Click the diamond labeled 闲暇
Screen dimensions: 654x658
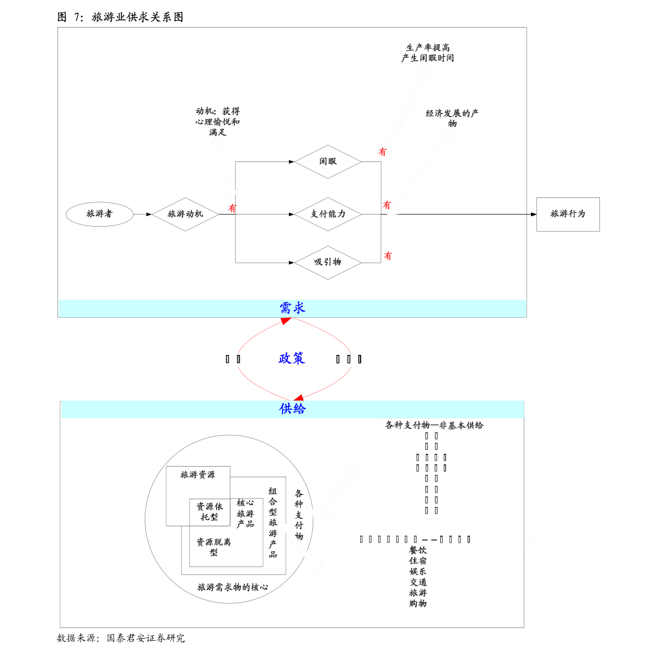[328, 161]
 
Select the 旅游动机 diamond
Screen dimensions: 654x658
[185, 214]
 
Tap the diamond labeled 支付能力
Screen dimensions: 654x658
[328, 214]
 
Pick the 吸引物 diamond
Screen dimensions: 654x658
[328, 262]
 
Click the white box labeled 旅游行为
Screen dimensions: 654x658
[568, 214]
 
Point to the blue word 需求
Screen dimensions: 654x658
[292, 308]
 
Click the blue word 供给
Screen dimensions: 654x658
[292, 409]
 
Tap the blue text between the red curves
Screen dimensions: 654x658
[292, 359]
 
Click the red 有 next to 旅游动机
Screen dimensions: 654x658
[233, 208]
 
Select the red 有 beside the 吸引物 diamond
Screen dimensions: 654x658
[388, 256]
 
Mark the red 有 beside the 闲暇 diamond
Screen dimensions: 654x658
[382, 151]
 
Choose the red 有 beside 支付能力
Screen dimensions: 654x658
[387, 205]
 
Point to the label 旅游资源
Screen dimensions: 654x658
[197, 475]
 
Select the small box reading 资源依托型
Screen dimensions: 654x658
[209, 512]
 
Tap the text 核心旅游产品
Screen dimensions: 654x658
[245, 514]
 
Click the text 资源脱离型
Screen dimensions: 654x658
[213, 547]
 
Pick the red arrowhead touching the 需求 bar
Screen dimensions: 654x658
[286, 321]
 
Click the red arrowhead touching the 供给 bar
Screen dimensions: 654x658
[298, 398]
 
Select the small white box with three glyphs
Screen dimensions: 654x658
[352, 360]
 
